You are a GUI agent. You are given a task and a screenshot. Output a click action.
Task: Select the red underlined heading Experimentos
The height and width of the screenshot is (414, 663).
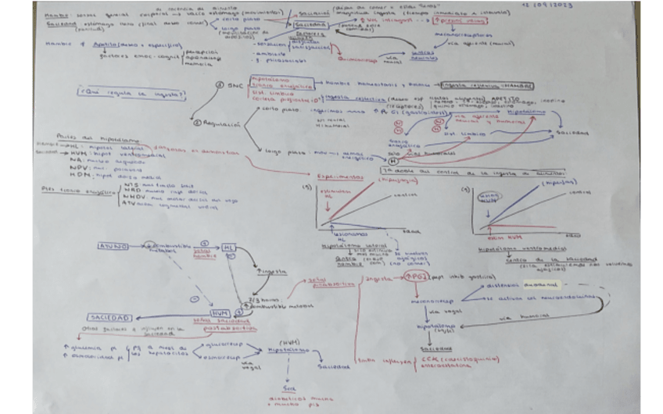[346, 178]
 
